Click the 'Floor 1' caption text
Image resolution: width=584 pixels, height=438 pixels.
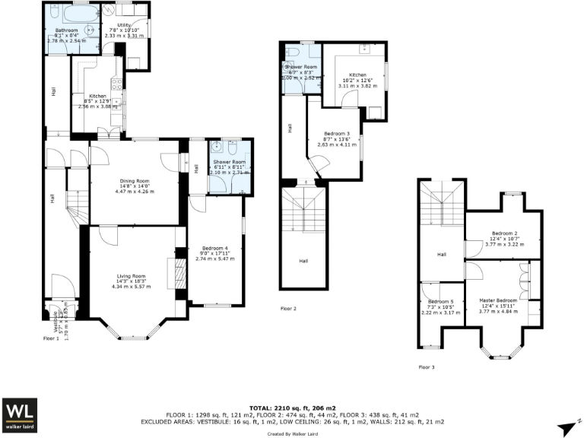51,338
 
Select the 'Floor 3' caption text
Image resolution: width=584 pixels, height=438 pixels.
427,367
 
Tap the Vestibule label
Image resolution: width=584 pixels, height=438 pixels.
49,323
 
